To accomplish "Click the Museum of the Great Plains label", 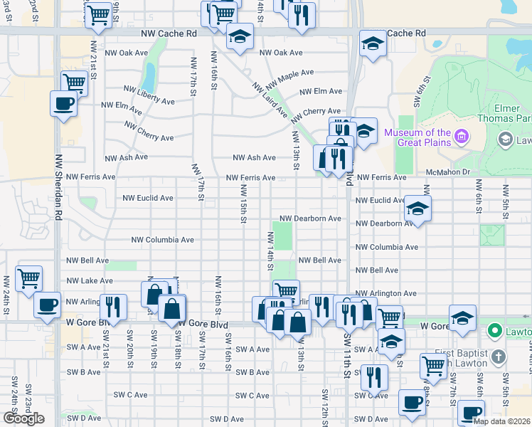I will tap(417, 138).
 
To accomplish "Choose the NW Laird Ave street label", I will tap(270, 99).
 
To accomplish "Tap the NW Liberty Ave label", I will tap(149, 95).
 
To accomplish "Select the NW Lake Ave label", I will tap(87, 281).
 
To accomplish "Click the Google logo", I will tap(23, 418).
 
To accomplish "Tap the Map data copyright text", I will tap(502, 421).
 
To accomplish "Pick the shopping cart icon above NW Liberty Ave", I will tap(73, 82).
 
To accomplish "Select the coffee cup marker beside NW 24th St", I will tap(48, 305).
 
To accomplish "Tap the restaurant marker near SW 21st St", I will tap(113, 307).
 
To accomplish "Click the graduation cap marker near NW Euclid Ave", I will tap(417, 209).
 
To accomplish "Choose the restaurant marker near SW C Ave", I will tap(374, 376).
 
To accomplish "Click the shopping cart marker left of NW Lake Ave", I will tap(28, 278).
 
